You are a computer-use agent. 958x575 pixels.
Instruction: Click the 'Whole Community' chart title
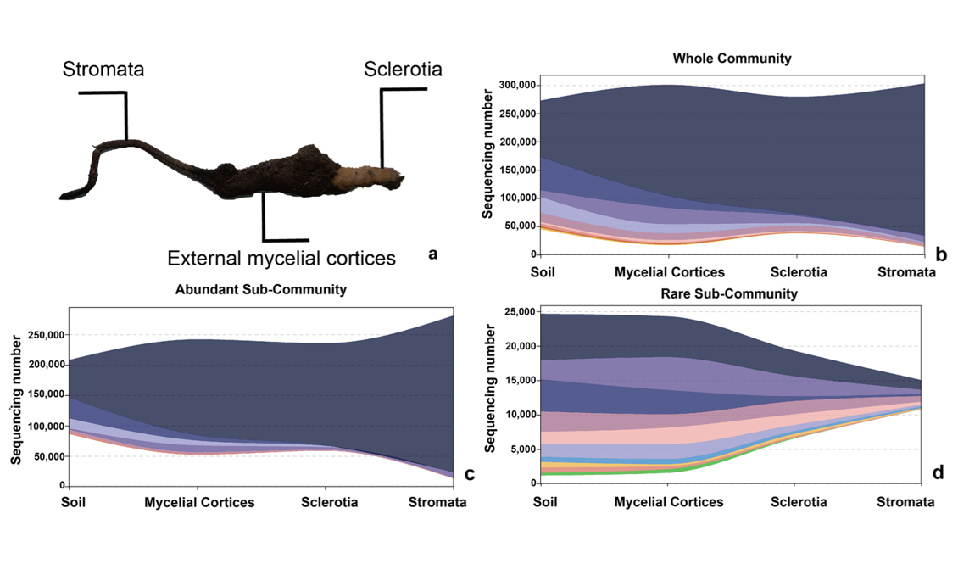(x=732, y=59)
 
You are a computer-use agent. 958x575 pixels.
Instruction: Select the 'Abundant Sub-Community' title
(x=260, y=289)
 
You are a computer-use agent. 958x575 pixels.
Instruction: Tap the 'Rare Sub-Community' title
(x=732, y=294)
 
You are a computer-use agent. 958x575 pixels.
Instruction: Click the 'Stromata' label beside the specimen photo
(x=103, y=70)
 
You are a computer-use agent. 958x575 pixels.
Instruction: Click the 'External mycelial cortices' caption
(x=281, y=258)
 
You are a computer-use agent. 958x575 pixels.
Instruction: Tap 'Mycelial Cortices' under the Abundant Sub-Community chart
(x=199, y=502)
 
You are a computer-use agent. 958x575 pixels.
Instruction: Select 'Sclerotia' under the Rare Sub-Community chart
(x=799, y=501)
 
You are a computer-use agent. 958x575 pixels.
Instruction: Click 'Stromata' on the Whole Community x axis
(x=906, y=273)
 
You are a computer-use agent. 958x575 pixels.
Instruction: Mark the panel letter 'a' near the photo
(x=433, y=253)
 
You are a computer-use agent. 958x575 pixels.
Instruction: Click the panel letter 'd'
(x=938, y=472)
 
